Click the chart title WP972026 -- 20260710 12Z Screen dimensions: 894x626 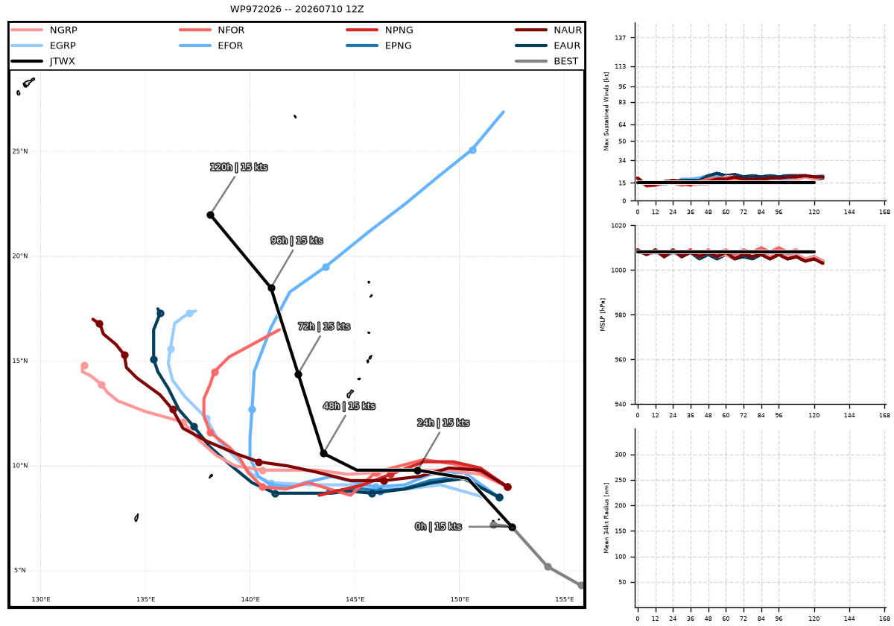[297, 9]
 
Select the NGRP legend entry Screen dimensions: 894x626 [44, 30]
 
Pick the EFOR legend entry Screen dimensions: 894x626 [211, 45]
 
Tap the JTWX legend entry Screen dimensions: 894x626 [42, 61]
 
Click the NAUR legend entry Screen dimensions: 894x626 [548, 30]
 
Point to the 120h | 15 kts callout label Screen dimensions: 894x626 [238, 167]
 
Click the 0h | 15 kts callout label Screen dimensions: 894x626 [438, 527]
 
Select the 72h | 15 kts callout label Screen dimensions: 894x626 [324, 326]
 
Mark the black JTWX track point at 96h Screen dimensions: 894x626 [271, 288]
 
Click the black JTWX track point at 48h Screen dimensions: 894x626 [323, 454]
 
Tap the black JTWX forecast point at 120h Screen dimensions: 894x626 [210, 215]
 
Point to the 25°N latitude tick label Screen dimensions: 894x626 [20, 151]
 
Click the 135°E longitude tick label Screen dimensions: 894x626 [145, 599]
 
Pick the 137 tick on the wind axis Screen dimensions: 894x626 [621, 37]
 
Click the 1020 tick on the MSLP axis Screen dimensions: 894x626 [618, 226]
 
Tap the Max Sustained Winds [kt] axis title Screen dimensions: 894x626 [606, 111]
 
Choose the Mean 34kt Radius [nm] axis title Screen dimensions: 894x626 [606, 518]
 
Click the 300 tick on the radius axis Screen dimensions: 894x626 [621, 455]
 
